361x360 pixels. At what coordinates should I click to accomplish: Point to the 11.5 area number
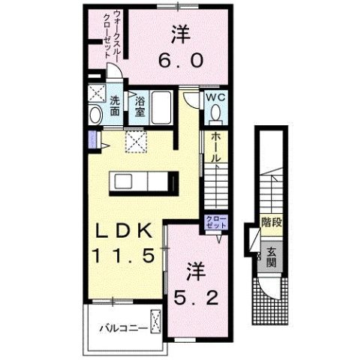tap(125, 256)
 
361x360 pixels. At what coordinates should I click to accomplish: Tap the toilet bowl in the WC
tap(216, 112)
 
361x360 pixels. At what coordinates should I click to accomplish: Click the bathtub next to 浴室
tap(162, 106)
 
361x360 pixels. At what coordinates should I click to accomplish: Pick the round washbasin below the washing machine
tap(95, 115)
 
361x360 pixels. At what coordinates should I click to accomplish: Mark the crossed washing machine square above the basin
tap(96, 95)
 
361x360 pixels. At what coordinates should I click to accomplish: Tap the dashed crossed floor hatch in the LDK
tap(134, 139)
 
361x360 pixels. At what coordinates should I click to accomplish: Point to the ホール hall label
tap(215, 148)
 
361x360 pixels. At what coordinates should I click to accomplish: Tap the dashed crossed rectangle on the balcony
tap(155, 322)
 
